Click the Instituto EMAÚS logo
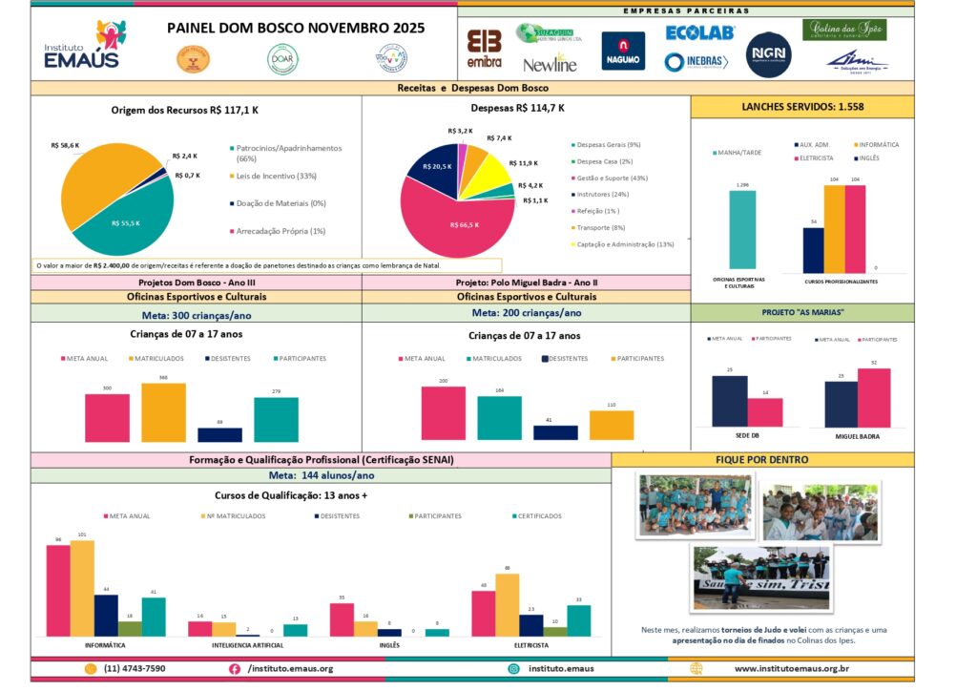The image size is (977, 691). click(x=84, y=45)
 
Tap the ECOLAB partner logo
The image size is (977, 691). click(x=699, y=32)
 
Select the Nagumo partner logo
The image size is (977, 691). click(x=622, y=52)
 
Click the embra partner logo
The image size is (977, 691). click(x=485, y=49)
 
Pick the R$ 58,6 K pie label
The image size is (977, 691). click(x=65, y=146)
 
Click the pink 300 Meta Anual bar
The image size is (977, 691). click(x=107, y=417)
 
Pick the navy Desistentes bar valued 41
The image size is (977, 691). click(x=555, y=432)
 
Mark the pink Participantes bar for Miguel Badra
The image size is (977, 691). click(x=873, y=397)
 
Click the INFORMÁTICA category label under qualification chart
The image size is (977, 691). click(x=106, y=646)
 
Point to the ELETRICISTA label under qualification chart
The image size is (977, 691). click(x=530, y=646)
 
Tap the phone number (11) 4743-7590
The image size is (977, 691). click(x=135, y=669)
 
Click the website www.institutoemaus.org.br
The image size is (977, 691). click(x=792, y=669)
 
